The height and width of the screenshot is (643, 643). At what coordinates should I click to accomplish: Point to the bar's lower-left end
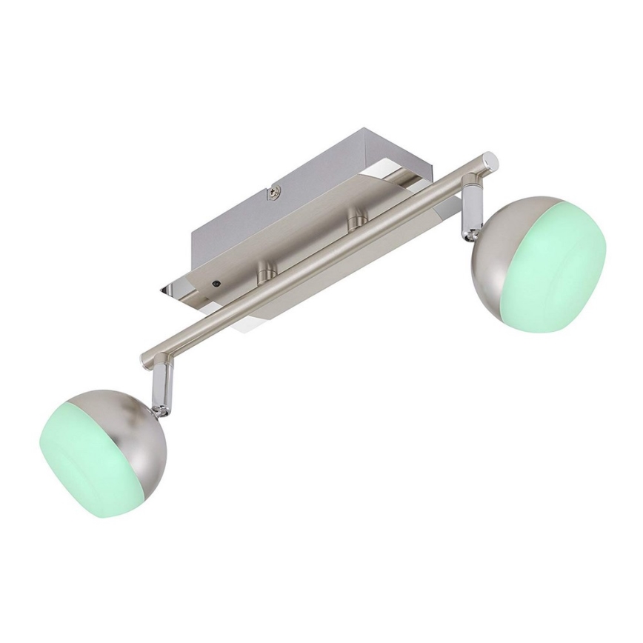click(x=148, y=359)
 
